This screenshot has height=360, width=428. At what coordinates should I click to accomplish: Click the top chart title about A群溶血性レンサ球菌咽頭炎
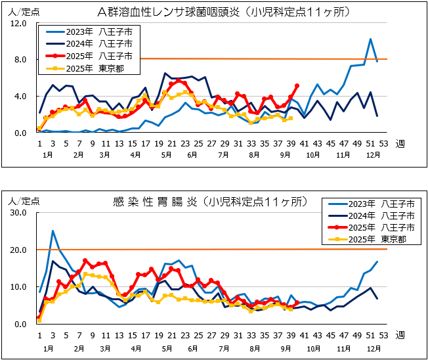pos(223,12)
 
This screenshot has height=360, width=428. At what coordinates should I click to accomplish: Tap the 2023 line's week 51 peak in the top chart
pos(370,39)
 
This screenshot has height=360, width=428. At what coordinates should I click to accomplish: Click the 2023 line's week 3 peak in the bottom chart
pos(53,231)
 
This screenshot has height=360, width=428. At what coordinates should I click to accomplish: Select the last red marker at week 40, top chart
pos(297,86)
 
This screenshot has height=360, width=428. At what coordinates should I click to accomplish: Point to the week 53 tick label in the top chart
pos(383,144)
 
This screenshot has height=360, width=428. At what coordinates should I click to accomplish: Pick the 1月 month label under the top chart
pos(47,155)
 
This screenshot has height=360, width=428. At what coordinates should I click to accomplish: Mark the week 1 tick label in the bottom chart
pos(39,335)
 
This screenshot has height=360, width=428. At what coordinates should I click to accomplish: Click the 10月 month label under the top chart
pos(312,155)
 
